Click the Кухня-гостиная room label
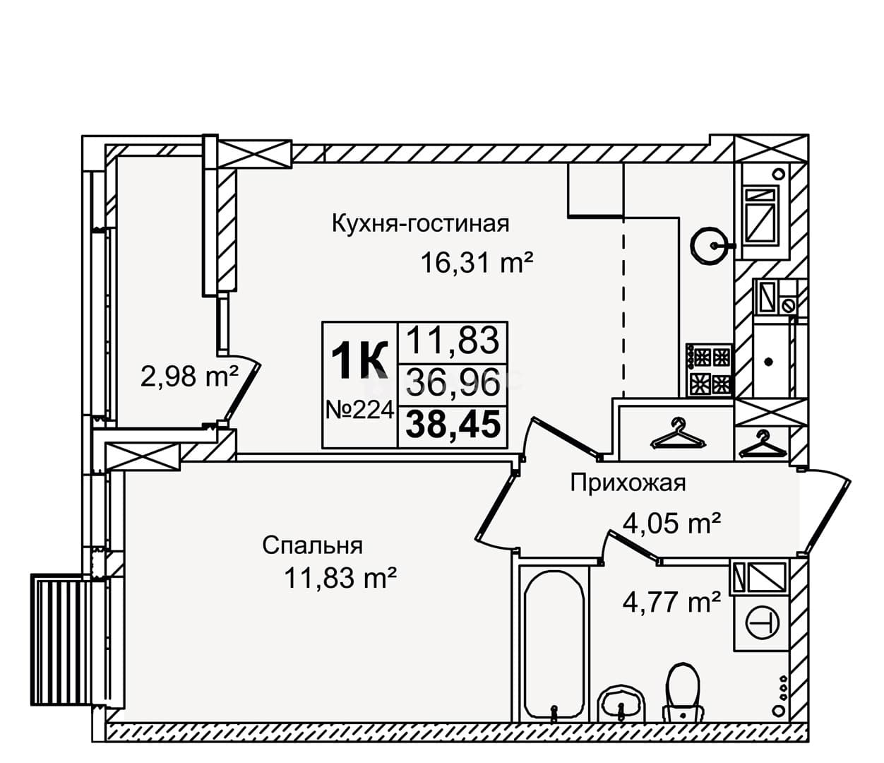(421, 224)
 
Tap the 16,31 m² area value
(477, 262)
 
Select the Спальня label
(313, 546)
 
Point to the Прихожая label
(628, 483)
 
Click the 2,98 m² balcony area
(189, 377)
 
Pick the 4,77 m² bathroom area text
(672, 602)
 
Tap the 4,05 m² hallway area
(672, 523)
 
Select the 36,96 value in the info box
(453, 382)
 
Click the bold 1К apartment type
(359, 361)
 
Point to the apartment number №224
(359, 410)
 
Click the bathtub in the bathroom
(554, 647)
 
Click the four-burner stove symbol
(709, 369)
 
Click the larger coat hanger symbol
(677, 434)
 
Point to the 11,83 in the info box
(453, 340)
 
